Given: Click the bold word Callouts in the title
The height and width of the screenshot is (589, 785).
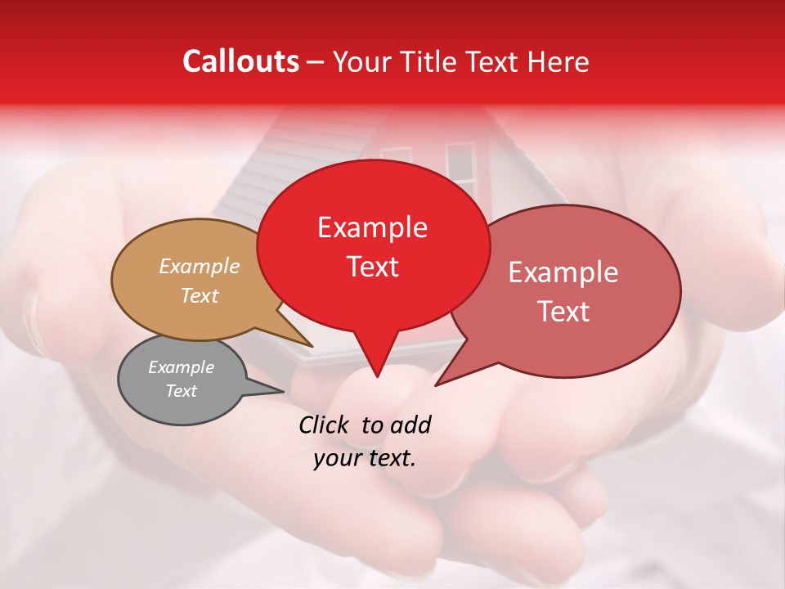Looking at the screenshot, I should tap(240, 61).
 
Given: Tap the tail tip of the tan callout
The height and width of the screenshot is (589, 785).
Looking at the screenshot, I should tap(312, 346).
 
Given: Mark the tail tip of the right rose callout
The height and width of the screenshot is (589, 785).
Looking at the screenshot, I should tap(437, 384).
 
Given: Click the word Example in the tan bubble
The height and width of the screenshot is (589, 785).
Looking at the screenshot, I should tap(200, 267).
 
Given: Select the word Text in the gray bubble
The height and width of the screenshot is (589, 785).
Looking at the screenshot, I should tap(181, 391).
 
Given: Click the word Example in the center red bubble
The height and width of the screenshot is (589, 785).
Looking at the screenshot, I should tap(372, 227).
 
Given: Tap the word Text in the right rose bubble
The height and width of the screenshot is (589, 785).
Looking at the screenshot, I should tap(563, 312).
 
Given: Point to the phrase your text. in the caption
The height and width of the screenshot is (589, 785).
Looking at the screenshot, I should tap(365, 459).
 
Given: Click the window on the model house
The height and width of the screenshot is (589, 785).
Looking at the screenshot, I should tap(460, 168).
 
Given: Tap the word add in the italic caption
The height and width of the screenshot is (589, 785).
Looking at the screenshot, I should tap(410, 425).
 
